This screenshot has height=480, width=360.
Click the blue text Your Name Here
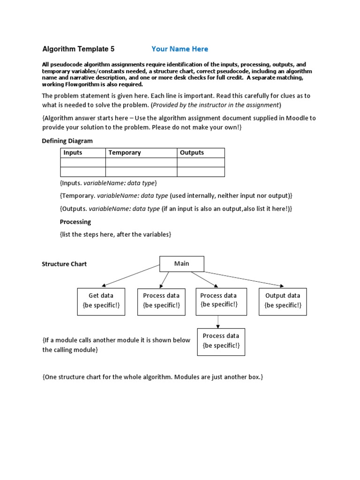click(180, 49)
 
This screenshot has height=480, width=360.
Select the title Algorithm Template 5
click(78, 49)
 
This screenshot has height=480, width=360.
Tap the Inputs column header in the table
click(73, 153)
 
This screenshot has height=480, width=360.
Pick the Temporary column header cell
click(125, 153)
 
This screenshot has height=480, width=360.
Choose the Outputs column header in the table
click(192, 153)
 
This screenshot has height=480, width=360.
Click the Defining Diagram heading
click(67, 141)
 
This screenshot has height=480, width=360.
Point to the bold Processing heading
click(75, 222)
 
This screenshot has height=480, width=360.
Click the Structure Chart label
click(64, 264)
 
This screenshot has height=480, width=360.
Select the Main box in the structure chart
click(182, 264)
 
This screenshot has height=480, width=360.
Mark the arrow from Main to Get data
click(131, 275)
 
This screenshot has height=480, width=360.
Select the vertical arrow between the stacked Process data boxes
click(218, 322)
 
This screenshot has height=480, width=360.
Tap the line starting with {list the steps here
click(115, 234)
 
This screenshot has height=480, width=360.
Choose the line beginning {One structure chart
click(152, 377)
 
